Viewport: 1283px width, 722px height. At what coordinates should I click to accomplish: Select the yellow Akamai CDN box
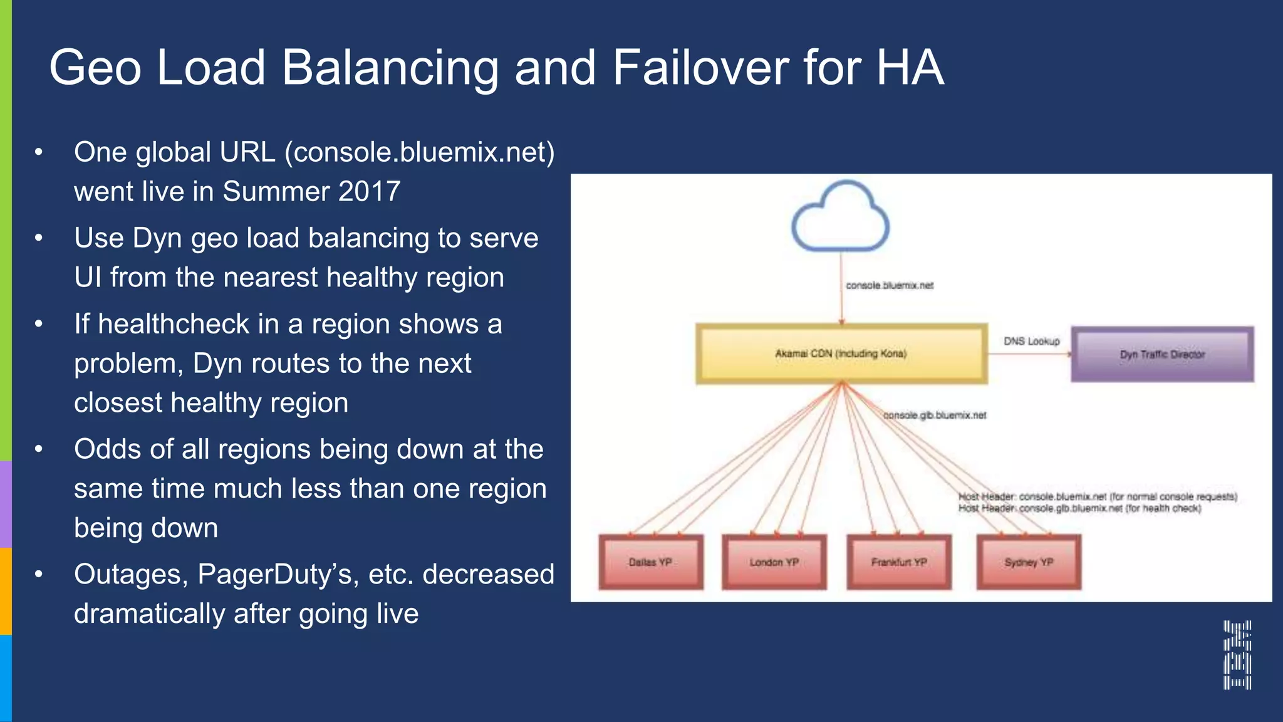pos(841,354)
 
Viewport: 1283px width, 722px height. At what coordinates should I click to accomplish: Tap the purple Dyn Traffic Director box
pos(1162,355)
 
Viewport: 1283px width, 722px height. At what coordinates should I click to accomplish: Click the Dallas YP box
pos(650,562)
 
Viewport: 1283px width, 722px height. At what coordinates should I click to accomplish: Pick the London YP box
pos(774,562)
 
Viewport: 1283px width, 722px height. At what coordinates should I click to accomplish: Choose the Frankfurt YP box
pos(898,562)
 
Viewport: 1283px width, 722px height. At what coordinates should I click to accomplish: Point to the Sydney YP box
pos(1029,562)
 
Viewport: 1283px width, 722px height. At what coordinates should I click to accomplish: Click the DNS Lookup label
pos(1031,342)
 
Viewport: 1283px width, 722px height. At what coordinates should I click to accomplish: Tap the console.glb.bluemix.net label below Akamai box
pos(935,416)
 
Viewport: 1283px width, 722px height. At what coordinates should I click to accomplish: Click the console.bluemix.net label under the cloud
pos(889,286)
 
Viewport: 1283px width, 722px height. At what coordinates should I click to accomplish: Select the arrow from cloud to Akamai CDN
pos(841,301)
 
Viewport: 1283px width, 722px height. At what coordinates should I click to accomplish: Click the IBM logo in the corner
pos(1237,655)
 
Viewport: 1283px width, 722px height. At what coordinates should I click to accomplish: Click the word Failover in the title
pos(700,68)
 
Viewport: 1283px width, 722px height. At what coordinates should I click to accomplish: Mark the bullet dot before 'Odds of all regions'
pos(39,449)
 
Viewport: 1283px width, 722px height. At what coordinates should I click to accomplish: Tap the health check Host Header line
pos(1079,508)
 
